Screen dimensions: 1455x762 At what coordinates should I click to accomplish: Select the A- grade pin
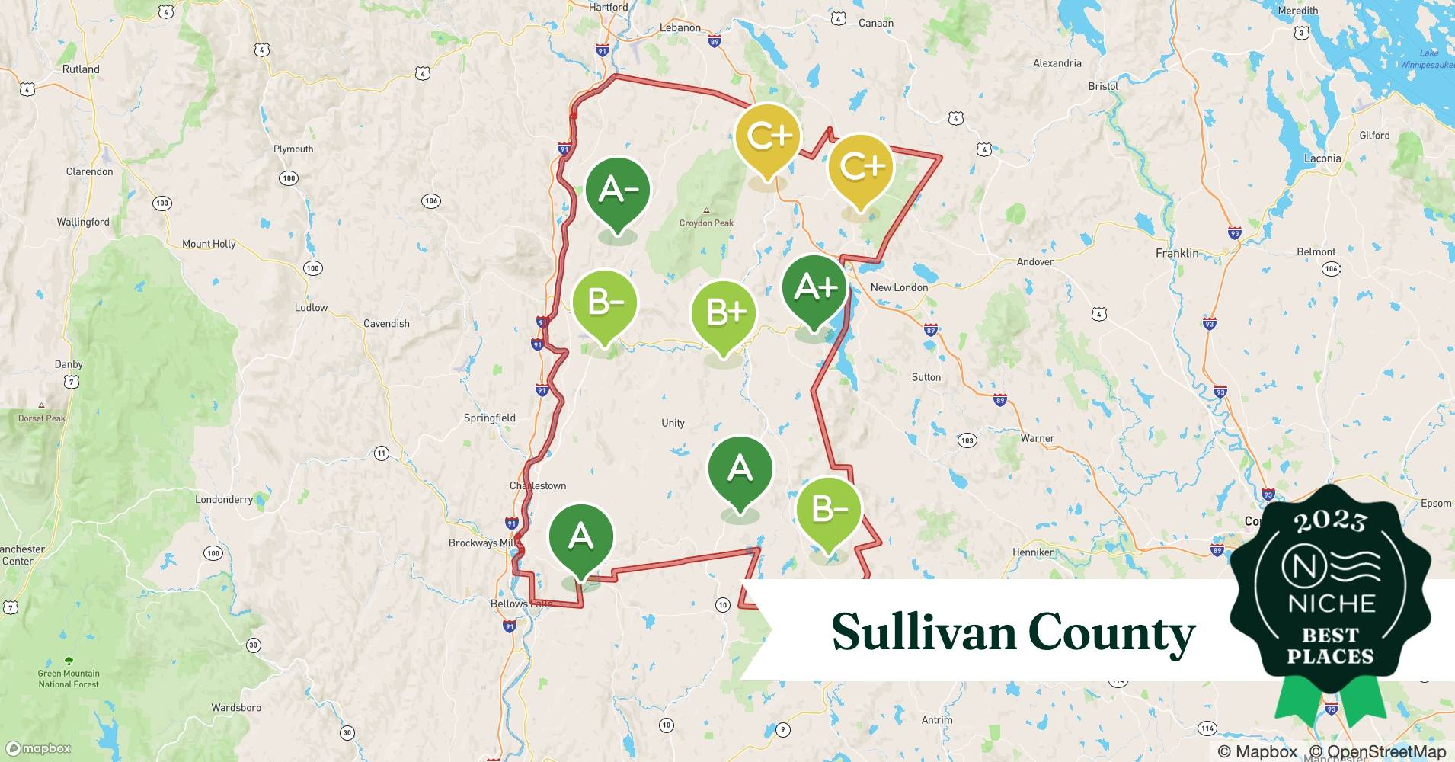[x=617, y=191]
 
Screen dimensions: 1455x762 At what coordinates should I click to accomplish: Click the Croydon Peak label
[x=706, y=223]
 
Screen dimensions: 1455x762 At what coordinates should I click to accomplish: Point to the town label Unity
[x=673, y=423]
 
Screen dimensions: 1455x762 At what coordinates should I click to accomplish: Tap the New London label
[x=899, y=287]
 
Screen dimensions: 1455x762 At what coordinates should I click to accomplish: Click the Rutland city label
[x=81, y=69]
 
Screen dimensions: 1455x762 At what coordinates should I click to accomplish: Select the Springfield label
[x=490, y=418]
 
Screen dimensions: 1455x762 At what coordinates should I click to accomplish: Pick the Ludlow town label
[x=311, y=308]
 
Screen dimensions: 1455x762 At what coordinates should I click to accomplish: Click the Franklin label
[x=1177, y=253]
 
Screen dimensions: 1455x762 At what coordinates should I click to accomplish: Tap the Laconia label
[x=1322, y=158]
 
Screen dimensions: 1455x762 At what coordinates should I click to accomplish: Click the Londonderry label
[x=224, y=500]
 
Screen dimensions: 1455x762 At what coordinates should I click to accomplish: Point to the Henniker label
[x=1033, y=552]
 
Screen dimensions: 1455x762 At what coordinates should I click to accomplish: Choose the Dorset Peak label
[x=42, y=418]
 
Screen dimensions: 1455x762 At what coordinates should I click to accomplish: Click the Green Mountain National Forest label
[x=69, y=678]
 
